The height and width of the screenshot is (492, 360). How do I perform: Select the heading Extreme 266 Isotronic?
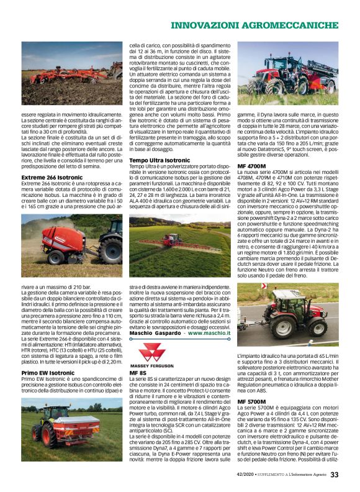pyautogui.click(x=52, y=177)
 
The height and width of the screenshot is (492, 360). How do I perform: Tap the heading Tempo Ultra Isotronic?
pyautogui.click(x=160, y=160)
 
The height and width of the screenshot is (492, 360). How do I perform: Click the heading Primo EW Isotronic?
pyautogui.click(x=48, y=373)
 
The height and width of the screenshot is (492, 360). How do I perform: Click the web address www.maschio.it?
pyautogui.click(x=209, y=334)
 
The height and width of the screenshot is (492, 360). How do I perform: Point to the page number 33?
pyautogui.click(x=334, y=475)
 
